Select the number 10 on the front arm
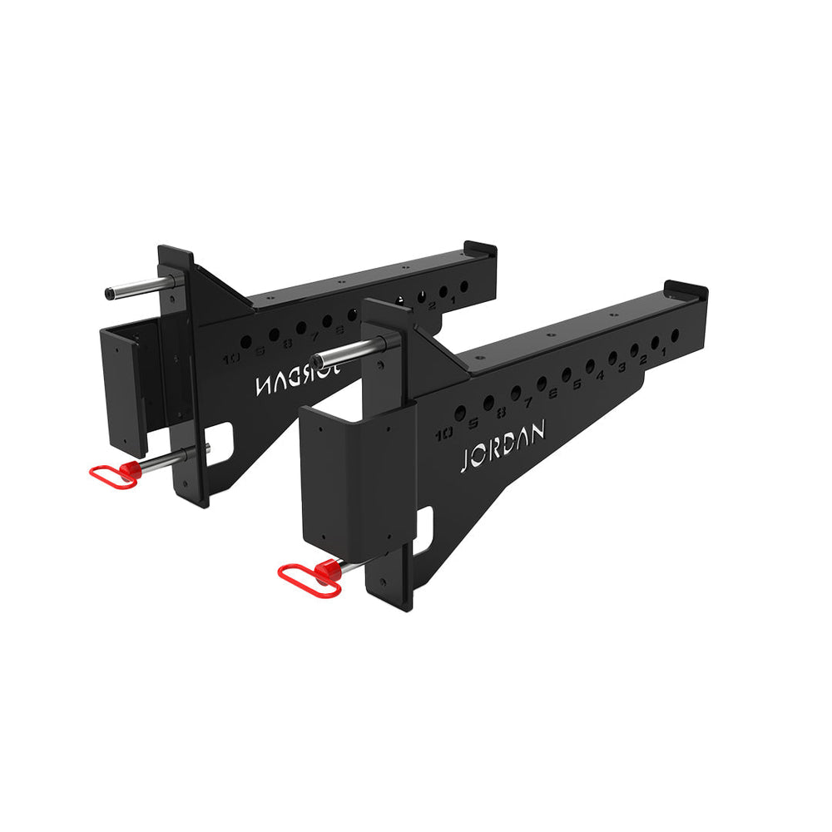(x=443, y=433)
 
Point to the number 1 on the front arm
(x=664, y=354)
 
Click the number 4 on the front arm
(x=601, y=377)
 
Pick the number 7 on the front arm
(x=528, y=403)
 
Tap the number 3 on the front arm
(x=622, y=369)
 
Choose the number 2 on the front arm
(x=643, y=362)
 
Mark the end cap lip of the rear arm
(x=480, y=248)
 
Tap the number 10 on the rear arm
(x=231, y=359)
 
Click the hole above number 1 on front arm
(x=674, y=334)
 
